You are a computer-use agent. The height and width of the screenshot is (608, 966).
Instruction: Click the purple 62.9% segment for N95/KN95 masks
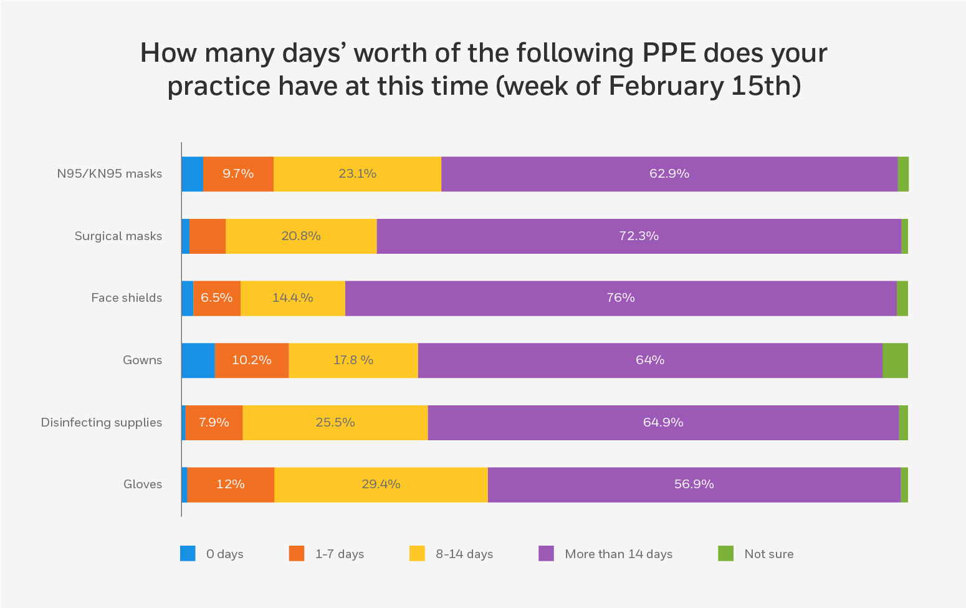click(669, 174)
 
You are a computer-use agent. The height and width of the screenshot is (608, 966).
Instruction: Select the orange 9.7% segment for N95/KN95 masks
click(238, 174)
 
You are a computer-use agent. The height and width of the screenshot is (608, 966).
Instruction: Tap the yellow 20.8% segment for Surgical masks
click(301, 236)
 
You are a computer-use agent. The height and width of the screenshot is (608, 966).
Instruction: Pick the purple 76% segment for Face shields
click(621, 298)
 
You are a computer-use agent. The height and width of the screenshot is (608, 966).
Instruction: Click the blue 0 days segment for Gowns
click(198, 360)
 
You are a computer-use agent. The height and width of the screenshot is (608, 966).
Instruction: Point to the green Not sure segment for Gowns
click(895, 360)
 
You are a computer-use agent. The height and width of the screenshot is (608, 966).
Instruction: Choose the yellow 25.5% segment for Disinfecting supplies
click(335, 423)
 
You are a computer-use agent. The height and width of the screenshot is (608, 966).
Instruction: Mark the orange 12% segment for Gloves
click(231, 485)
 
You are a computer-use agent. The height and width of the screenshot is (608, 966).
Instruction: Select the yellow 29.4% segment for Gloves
click(381, 485)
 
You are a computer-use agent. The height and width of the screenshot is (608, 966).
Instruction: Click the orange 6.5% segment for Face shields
click(217, 298)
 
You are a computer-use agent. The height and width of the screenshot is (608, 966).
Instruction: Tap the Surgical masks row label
click(118, 236)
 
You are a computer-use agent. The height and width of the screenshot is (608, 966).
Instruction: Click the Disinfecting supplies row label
click(102, 423)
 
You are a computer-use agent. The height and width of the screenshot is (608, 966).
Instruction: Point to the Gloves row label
click(143, 485)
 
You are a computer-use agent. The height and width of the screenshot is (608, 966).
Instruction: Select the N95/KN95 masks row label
click(110, 174)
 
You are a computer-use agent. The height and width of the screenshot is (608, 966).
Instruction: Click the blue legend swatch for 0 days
click(188, 554)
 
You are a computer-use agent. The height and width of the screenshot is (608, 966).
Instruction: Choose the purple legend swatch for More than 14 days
click(546, 554)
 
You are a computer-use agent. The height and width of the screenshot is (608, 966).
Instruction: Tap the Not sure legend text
click(768, 554)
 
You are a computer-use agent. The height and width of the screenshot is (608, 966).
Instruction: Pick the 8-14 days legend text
click(464, 554)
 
